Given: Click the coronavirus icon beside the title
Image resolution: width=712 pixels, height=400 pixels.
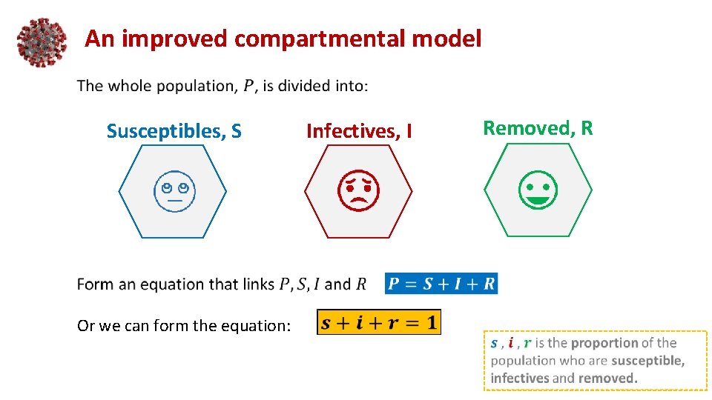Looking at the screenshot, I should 42,41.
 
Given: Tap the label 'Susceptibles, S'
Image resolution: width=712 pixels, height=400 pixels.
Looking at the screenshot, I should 174,132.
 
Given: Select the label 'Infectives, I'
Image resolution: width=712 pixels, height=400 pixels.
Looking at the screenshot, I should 359,132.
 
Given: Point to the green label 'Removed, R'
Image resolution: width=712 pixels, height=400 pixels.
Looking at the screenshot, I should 538,128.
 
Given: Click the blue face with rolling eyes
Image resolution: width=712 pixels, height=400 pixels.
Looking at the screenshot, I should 174,191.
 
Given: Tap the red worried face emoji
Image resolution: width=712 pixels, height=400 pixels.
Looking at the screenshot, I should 359,191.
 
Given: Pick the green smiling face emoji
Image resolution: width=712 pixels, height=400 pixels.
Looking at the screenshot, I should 538,190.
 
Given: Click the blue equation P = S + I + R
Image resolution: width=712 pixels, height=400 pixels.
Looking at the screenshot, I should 441,284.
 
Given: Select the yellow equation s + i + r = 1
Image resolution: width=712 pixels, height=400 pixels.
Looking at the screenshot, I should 379,322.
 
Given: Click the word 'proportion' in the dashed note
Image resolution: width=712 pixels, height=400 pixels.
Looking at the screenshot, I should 604,343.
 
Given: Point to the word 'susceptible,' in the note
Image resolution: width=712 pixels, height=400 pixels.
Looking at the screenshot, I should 648,361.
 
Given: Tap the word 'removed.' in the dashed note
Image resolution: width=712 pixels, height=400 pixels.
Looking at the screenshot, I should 607,378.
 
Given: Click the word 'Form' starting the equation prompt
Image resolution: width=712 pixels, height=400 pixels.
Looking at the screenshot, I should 94,284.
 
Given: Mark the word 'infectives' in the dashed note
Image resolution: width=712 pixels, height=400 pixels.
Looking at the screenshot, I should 518,378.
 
